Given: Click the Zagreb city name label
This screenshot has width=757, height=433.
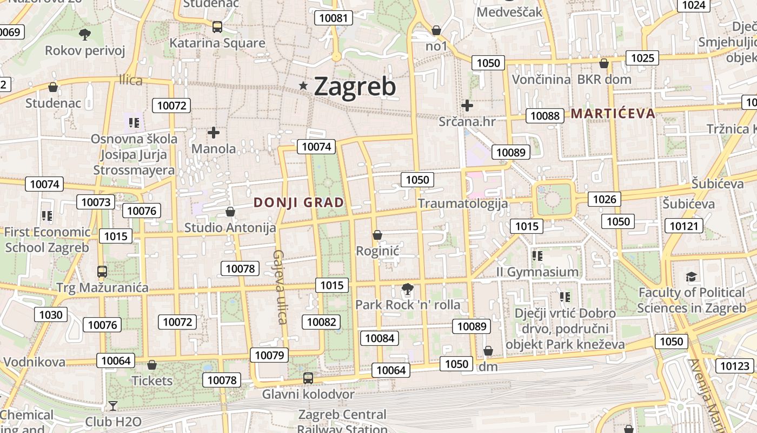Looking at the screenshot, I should (x=355, y=87).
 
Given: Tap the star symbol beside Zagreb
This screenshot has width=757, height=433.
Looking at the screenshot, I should (x=303, y=86).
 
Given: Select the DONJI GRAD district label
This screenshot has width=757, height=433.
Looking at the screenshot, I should (x=299, y=203).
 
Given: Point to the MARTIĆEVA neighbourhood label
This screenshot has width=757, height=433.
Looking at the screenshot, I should (x=613, y=114).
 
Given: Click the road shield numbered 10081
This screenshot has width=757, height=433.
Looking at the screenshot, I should (x=334, y=18).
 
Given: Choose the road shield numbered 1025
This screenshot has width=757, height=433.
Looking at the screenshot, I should (x=642, y=58).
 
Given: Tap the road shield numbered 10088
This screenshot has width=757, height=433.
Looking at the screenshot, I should (x=544, y=115).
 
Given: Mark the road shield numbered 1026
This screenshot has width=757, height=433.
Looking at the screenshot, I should (x=605, y=199).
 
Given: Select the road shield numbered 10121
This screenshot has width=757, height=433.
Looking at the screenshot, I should (x=684, y=226).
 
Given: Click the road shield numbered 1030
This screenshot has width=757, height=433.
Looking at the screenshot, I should (x=51, y=314).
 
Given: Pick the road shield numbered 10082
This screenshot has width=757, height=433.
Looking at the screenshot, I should (x=322, y=322).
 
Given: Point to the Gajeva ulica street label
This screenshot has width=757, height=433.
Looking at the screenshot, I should (x=280, y=287).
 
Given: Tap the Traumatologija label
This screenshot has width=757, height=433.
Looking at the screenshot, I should (x=463, y=204).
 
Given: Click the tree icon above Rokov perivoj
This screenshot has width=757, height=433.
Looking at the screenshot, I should (x=84, y=35).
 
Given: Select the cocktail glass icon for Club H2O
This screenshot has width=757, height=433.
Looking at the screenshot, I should (x=112, y=405).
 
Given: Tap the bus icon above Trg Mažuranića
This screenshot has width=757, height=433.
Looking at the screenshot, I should (x=102, y=271).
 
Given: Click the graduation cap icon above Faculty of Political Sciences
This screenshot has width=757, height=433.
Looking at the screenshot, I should (x=691, y=277).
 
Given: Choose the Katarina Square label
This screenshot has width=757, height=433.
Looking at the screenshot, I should (x=217, y=43).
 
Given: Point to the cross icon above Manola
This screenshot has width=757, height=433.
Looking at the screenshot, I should (x=214, y=132).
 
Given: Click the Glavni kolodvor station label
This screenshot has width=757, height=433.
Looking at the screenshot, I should (x=308, y=394).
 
